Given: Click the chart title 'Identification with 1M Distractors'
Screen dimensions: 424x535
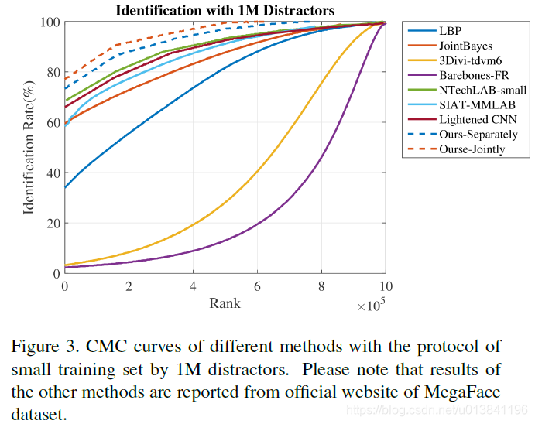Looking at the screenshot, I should point(225,10).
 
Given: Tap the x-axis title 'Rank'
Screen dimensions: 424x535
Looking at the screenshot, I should point(225,303).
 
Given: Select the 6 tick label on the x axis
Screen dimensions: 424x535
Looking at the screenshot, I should point(257,286).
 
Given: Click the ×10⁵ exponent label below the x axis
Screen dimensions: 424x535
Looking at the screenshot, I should point(372,306).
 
